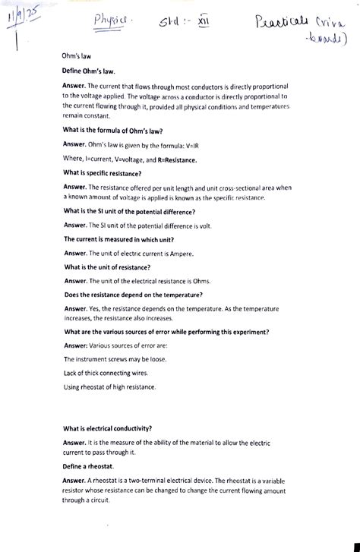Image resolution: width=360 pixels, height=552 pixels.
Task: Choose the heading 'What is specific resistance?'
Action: tap(110, 173)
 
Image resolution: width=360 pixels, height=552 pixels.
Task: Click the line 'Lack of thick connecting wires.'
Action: tap(106, 374)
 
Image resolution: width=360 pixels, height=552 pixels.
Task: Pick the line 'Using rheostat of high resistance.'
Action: tap(109, 388)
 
